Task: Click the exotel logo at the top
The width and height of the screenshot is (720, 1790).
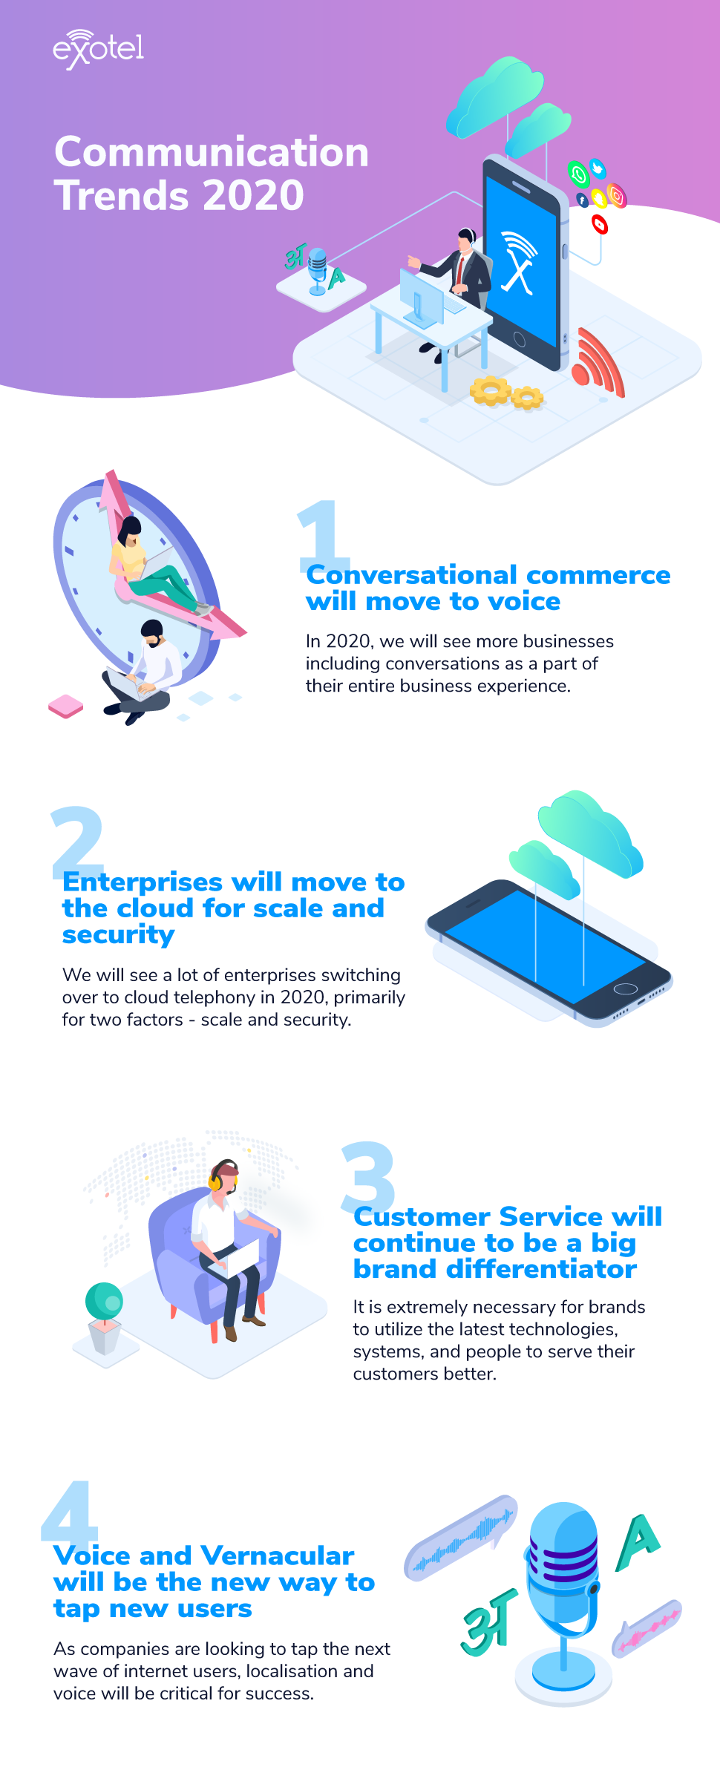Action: pyautogui.click(x=98, y=49)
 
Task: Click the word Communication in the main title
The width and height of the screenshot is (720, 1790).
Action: pyautogui.click(x=212, y=152)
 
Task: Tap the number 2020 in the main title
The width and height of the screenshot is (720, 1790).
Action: pyautogui.click(x=253, y=196)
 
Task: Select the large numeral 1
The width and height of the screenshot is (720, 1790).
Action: pyautogui.click(x=321, y=530)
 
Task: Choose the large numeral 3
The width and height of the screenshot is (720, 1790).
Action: pyautogui.click(x=367, y=1173)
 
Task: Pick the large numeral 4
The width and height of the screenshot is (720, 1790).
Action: pyautogui.click(x=69, y=1510)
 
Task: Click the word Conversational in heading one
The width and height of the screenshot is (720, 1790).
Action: pyautogui.click(x=412, y=575)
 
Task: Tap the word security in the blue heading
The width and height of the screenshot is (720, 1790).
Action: pyautogui.click(x=119, y=935)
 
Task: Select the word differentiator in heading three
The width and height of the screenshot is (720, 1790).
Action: pyautogui.click(x=541, y=1269)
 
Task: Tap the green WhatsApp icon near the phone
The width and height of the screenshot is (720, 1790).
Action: pyautogui.click(x=579, y=174)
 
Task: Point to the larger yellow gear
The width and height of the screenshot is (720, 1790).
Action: pyautogui.click(x=491, y=390)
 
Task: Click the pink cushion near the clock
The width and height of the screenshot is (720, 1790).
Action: pyautogui.click(x=65, y=706)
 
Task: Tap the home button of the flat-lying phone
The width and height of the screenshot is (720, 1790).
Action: pyautogui.click(x=626, y=989)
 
